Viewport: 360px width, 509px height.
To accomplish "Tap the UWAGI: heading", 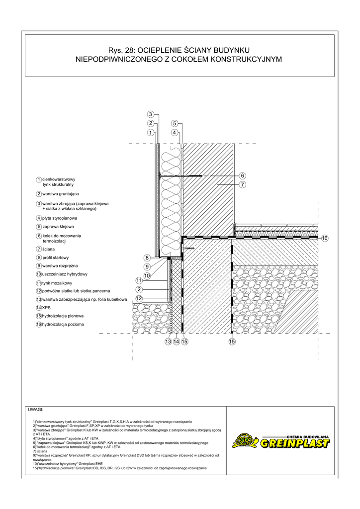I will pos(36,411).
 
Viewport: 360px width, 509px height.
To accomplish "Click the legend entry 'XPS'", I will pos(47,308).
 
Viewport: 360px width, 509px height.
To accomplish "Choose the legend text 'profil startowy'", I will pos(59,257).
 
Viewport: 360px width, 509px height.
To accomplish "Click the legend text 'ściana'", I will pos(49,249).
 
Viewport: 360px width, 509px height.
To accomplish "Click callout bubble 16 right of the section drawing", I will pos(325,238).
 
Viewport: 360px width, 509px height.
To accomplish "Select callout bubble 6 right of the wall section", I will pos(243,175).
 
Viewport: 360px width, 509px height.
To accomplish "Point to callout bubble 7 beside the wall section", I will pos(243,184).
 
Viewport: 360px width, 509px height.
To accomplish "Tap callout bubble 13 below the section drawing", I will pos(168,341).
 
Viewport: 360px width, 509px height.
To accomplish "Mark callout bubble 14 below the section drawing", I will pos(176,341).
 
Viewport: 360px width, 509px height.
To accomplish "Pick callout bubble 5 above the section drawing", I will pos(175,123).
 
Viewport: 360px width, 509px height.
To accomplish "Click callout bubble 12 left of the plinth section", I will pos(140,298).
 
